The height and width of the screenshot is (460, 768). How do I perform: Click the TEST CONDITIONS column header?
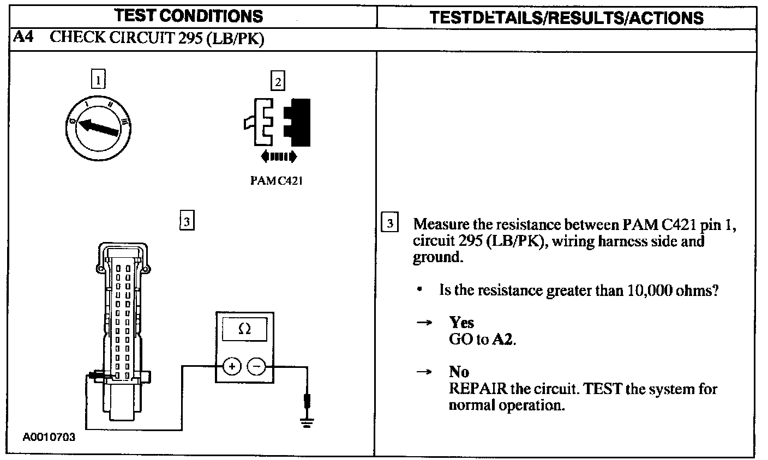[189, 16]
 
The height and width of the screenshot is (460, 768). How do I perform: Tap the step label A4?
[23, 38]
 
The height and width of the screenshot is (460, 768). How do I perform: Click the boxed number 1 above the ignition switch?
[98, 80]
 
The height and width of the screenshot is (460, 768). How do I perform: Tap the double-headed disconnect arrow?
[279, 157]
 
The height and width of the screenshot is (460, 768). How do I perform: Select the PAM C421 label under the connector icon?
[276, 181]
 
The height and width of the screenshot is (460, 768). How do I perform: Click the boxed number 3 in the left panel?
[187, 221]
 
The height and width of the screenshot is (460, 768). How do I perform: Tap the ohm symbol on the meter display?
[245, 329]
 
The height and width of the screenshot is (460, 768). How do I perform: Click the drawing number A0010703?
[49, 437]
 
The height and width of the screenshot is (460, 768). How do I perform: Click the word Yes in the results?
[461, 322]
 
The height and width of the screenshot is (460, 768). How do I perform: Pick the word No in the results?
[459, 372]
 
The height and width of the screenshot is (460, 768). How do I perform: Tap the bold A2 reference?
[503, 339]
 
